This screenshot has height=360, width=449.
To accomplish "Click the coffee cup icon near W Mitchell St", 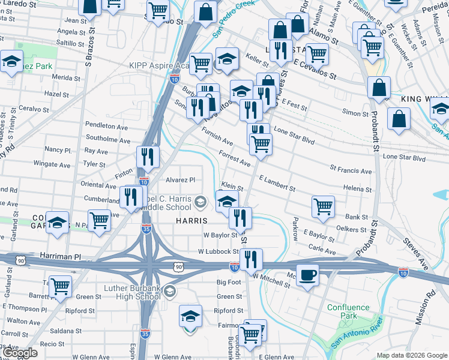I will click(308, 275).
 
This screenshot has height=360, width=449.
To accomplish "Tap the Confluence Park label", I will click(348, 311).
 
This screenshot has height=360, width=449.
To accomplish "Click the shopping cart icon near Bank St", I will click(323, 207).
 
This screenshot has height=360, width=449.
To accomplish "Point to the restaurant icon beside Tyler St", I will click(148, 158).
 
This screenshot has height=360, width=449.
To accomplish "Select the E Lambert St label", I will click(277, 183).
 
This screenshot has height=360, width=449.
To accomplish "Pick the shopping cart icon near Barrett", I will click(60, 287).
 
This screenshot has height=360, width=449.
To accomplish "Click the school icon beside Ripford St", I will click(190, 316).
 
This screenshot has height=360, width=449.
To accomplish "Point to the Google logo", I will click(20, 353).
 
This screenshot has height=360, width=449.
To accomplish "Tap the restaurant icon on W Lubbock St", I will click(250, 259).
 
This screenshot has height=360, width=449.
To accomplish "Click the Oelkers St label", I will click(352, 227).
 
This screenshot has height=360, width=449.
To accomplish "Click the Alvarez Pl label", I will click(181, 179).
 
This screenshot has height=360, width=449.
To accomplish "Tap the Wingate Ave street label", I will click(52, 164).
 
